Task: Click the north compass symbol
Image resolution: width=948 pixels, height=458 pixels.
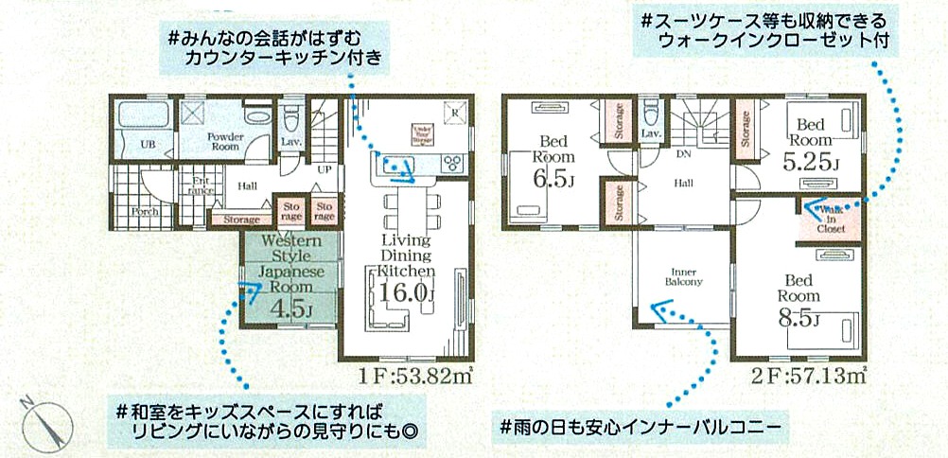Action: (x=43, y=422)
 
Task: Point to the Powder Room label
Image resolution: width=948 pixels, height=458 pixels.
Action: (x=224, y=142)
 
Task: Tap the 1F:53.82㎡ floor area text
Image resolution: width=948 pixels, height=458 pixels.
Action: (x=416, y=375)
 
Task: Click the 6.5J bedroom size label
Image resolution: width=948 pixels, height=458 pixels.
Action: (x=547, y=178)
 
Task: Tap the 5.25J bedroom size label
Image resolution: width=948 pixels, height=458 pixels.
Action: (x=811, y=162)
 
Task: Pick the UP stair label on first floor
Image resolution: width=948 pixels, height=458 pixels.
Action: (x=324, y=170)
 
